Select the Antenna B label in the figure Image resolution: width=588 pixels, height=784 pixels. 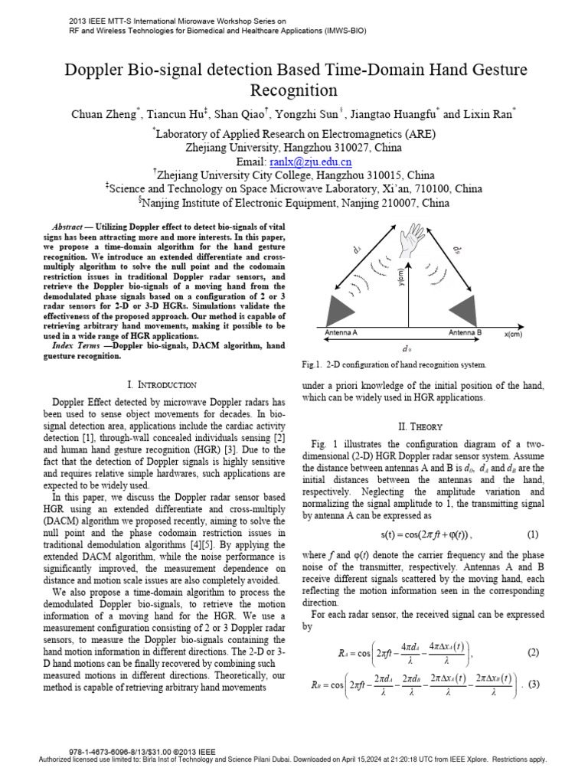[465, 334]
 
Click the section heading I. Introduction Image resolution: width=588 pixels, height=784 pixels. [161, 384]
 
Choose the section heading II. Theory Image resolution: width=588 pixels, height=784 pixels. [423, 426]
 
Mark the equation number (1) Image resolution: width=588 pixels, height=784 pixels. [533, 533]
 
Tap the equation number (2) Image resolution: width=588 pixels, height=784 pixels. [533, 652]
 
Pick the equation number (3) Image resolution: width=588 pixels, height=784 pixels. [534, 684]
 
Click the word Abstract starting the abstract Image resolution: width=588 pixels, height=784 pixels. [67, 229]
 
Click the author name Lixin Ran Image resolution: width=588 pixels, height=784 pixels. [489, 114]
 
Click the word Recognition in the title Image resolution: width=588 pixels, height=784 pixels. [294, 90]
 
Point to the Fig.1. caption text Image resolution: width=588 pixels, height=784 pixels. [394, 364]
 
